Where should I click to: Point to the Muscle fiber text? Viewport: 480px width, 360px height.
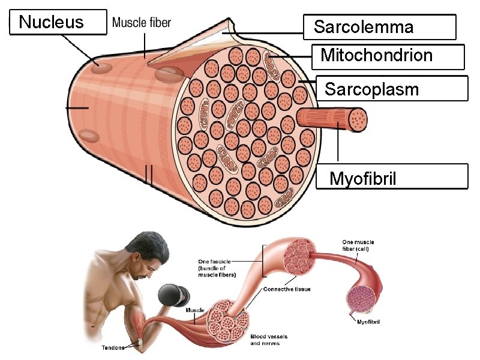click(x=142, y=23)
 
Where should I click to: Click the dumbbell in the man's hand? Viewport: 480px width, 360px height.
click(x=175, y=295)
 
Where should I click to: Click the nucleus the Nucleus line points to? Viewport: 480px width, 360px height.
click(x=101, y=63)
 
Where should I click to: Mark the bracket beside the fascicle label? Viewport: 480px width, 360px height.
click(x=264, y=260)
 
